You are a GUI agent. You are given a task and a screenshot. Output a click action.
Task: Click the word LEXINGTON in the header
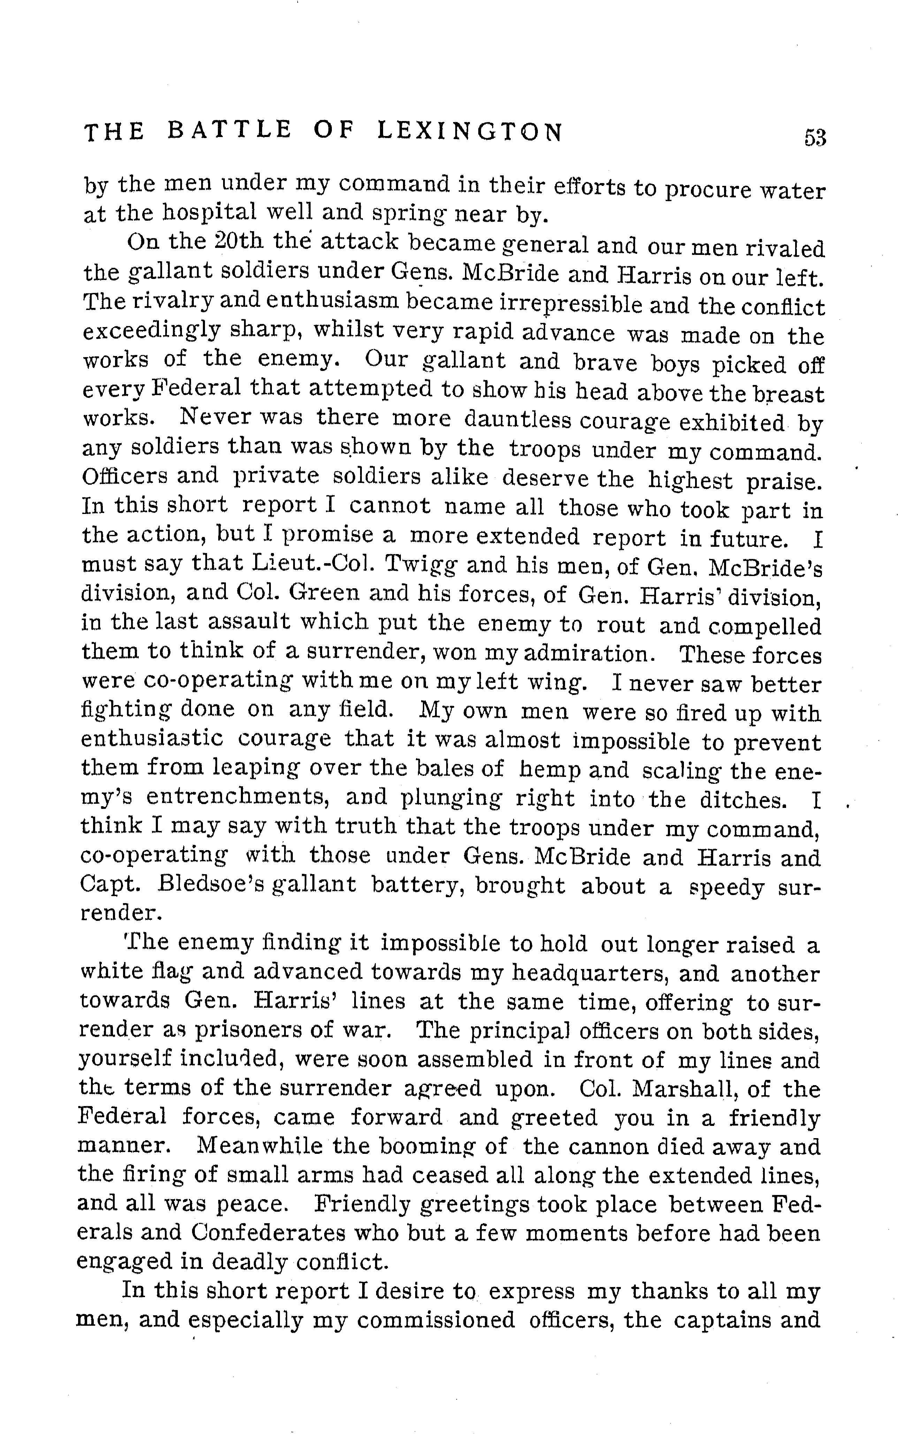[x=470, y=131]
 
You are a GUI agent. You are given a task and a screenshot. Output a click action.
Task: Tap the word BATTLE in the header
[x=229, y=130]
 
